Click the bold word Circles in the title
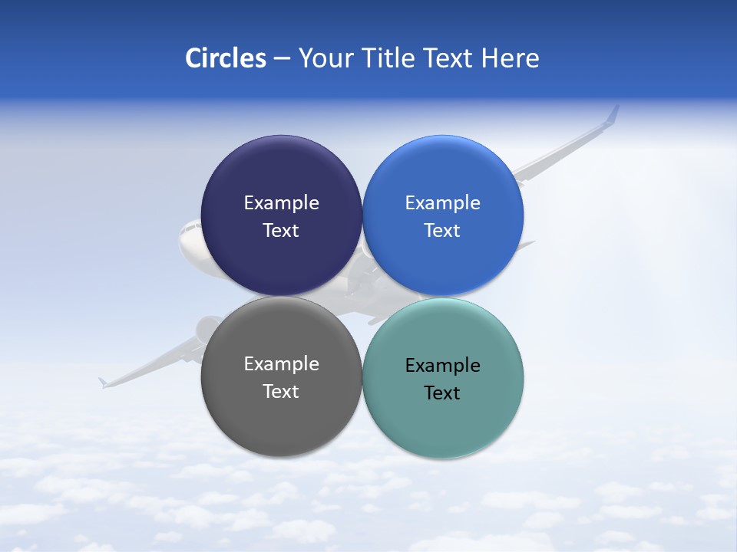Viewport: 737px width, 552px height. tap(225, 58)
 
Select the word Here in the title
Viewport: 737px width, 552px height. tap(510, 58)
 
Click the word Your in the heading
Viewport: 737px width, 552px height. tap(326, 58)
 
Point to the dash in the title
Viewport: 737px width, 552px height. tap(282, 58)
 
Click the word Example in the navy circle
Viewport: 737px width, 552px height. tap(281, 203)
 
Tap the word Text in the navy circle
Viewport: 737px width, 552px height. tap(281, 231)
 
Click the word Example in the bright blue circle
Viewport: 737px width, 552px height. tap(442, 203)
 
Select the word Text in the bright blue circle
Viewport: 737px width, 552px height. tap(442, 231)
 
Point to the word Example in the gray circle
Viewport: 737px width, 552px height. tap(281, 364)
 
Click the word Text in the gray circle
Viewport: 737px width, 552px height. tap(281, 392)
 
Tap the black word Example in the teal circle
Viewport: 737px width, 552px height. tap(442, 366)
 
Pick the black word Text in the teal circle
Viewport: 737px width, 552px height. tap(442, 393)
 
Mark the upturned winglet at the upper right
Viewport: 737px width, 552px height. tap(613, 114)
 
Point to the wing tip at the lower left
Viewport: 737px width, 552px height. tap(102, 381)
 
